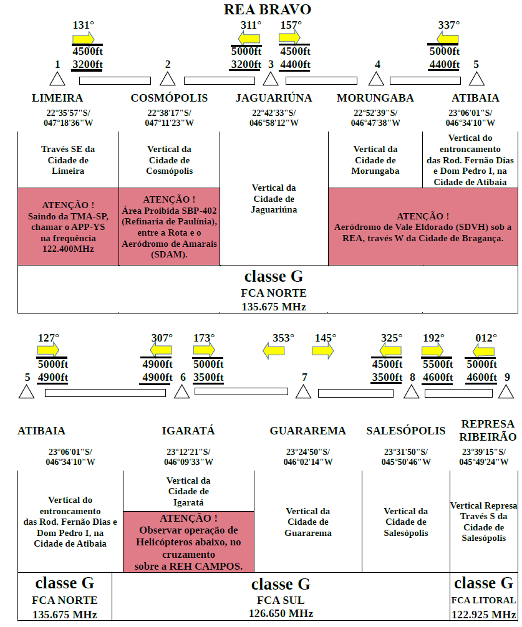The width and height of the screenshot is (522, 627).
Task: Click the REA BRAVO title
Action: pyautogui.click(x=267, y=9)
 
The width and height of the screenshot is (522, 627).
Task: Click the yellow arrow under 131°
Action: pyautogui.click(x=83, y=39)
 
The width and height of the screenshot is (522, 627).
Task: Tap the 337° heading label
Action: pyautogui.click(x=449, y=25)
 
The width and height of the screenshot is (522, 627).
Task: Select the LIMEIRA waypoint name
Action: pyautogui.click(x=57, y=98)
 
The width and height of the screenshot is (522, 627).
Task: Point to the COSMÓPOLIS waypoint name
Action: pyautogui.click(x=169, y=98)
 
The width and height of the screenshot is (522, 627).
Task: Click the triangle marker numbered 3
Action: pyautogui.click(x=271, y=79)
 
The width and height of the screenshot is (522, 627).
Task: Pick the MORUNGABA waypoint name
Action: pyautogui.click(x=375, y=98)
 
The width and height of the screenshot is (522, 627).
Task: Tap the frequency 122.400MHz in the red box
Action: pyautogui.click(x=68, y=249)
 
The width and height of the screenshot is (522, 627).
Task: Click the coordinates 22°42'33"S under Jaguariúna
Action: pyautogui.click(x=274, y=113)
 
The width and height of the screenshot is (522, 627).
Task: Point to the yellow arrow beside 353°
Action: pyautogui.click(x=274, y=351)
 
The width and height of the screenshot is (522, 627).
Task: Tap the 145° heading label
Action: pyautogui.click(x=325, y=338)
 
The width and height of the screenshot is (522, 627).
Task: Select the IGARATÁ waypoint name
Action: pyautogui.click(x=188, y=431)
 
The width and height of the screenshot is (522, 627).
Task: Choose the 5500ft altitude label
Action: pyautogui.click(x=438, y=364)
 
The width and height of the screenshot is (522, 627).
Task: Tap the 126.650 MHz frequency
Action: pyautogui.click(x=281, y=613)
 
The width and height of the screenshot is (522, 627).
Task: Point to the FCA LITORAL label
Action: pyautogui.click(x=483, y=600)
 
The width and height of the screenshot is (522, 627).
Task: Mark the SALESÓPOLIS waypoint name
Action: pyautogui.click(x=405, y=431)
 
